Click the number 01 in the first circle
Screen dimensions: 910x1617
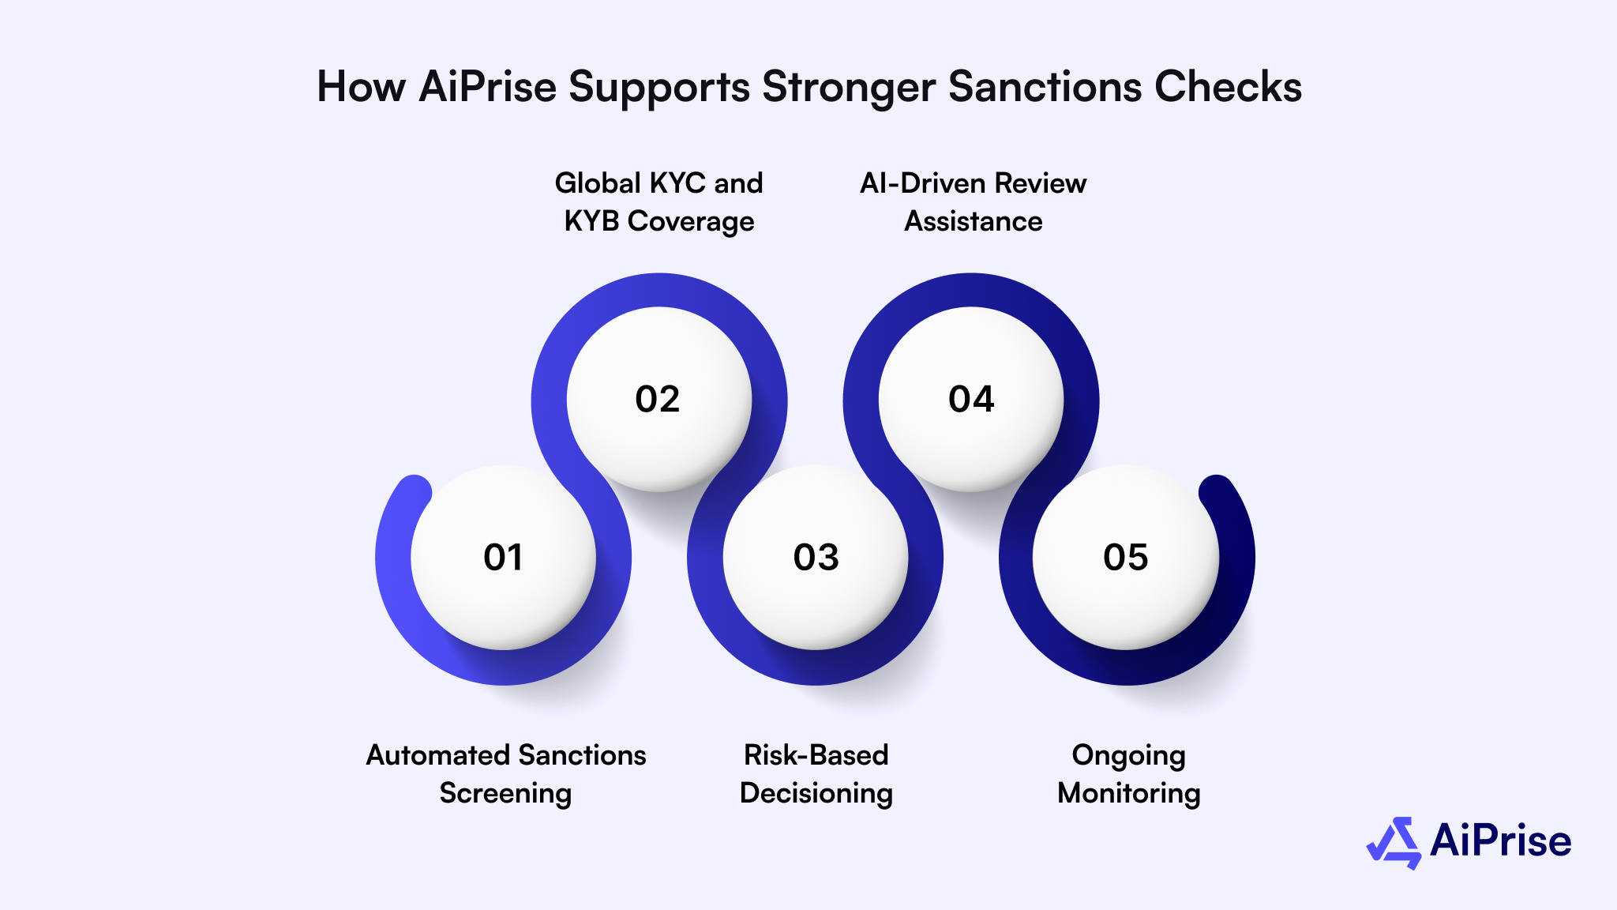click(x=503, y=558)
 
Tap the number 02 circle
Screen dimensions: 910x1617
click(x=658, y=399)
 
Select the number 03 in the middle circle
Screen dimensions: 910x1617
click(x=816, y=558)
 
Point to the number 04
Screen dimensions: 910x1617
click(x=971, y=399)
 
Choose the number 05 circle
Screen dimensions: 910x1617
click(x=1126, y=558)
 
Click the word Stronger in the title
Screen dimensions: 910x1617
click(x=850, y=87)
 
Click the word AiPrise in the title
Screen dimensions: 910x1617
click(x=488, y=87)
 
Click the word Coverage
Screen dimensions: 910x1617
click(x=691, y=222)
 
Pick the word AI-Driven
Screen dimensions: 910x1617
click(x=921, y=183)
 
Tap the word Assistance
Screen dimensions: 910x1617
click(x=974, y=222)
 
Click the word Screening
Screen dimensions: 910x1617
click(x=505, y=794)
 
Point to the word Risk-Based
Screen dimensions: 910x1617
click(x=816, y=755)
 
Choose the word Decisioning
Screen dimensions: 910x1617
click(x=816, y=794)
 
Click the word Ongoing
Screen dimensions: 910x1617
click(x=1129, y=756)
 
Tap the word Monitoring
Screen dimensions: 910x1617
click(x=1129, y=794)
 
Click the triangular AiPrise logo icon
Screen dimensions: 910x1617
click(x=1394, y=843)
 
